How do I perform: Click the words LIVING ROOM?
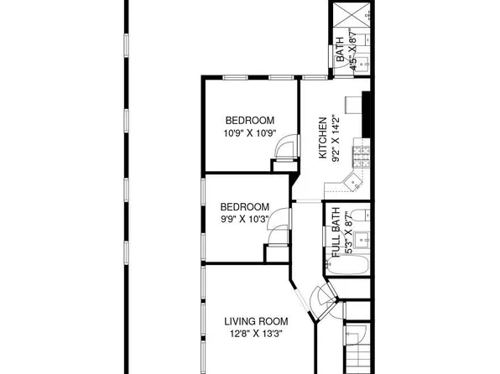click(x=256, y=320)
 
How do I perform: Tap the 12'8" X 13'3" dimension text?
click(x=256, y=334)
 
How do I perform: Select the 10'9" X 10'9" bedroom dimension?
click(x=249, y=133)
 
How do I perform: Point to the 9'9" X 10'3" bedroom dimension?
click(x=244, y=220)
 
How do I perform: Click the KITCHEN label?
click(x=321, y=138)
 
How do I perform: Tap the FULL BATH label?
click(x=336, y=231)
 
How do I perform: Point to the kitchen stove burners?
click(x=362, y=154)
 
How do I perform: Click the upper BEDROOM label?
click(x=249, y=120)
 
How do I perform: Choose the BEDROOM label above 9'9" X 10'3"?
click(x=244, y=207)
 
